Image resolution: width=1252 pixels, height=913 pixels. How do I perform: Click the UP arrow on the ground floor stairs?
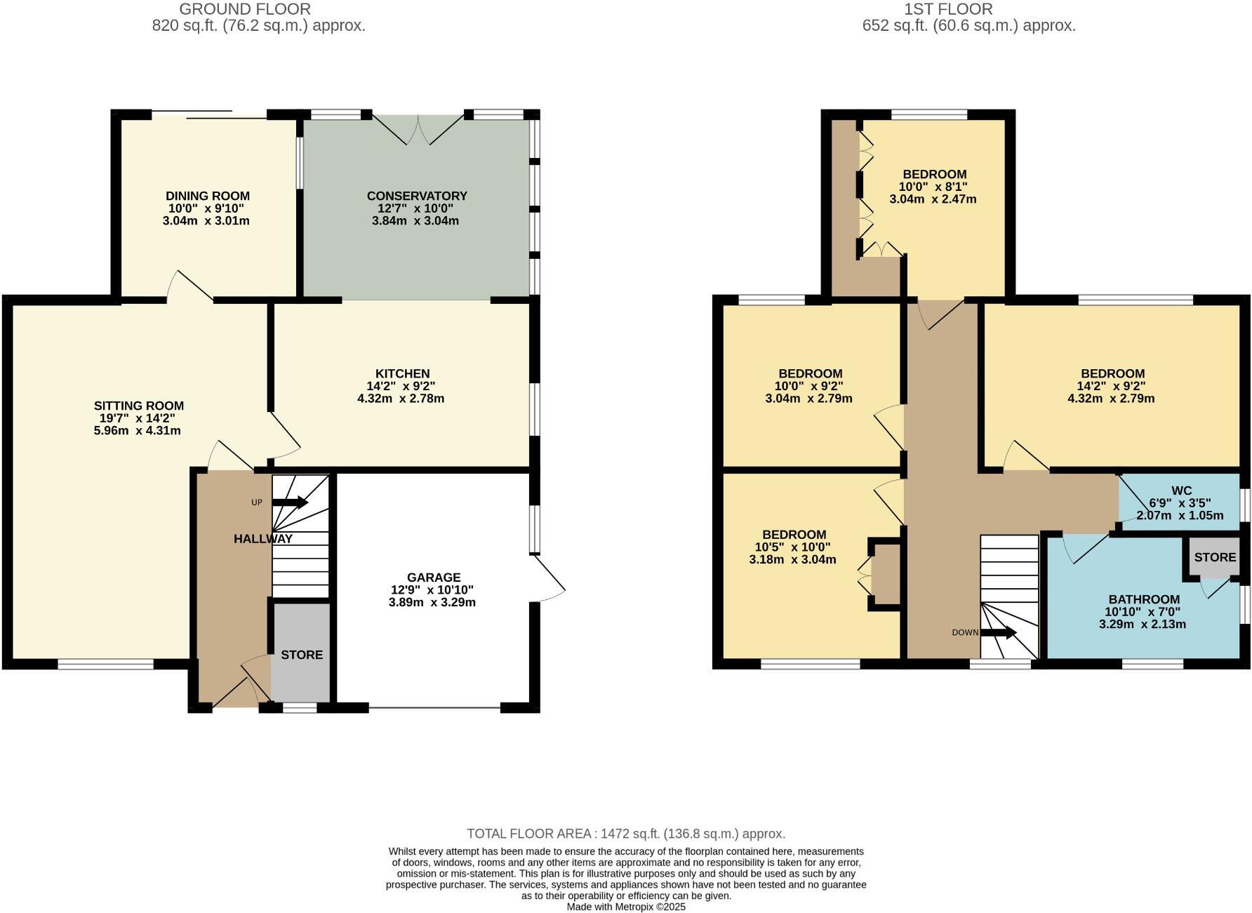(x=290, y=502)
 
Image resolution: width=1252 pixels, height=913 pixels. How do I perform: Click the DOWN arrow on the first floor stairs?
(x=998, y=632)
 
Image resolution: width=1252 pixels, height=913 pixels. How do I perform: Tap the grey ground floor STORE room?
(x=302, y=654)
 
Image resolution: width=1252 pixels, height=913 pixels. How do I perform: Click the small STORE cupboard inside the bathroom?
(x=1215, y=557)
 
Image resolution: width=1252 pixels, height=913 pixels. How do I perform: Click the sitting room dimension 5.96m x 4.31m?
(x=138, y=431)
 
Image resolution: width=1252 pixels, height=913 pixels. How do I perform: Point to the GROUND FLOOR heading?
(x=245, y=9)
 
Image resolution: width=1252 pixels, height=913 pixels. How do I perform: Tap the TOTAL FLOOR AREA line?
(x=626, y=834)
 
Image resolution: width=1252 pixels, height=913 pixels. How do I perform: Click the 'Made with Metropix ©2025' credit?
(x=626, y=907)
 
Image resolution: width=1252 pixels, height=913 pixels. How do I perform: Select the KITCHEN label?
(x=402, y=373)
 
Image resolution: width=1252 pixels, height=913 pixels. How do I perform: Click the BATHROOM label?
(x=1144, y=599)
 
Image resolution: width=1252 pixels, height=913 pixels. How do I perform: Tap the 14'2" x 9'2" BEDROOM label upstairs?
(x=1112, y=373)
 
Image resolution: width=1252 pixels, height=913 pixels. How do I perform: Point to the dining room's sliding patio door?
(x=209, y=114)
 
